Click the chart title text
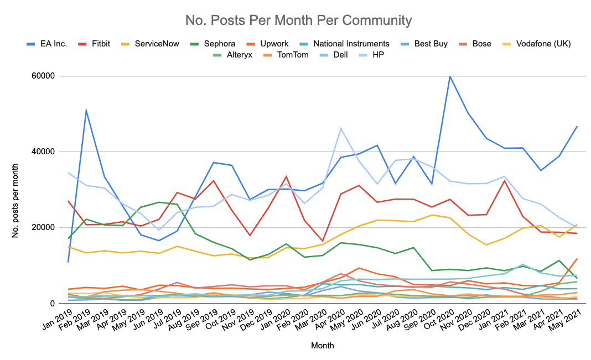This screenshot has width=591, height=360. pos(299,21)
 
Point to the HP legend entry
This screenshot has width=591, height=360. pos(379,55)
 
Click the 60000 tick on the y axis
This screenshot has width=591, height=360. pos(47,76)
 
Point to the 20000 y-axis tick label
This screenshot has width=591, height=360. pos(47,228)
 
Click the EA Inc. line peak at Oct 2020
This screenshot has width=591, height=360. pos(450,76)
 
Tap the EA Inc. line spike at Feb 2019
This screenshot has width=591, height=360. pos(86,110)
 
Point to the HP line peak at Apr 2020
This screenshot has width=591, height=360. pos(341,128)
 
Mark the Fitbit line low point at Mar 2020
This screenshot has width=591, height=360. pos(323,242)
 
